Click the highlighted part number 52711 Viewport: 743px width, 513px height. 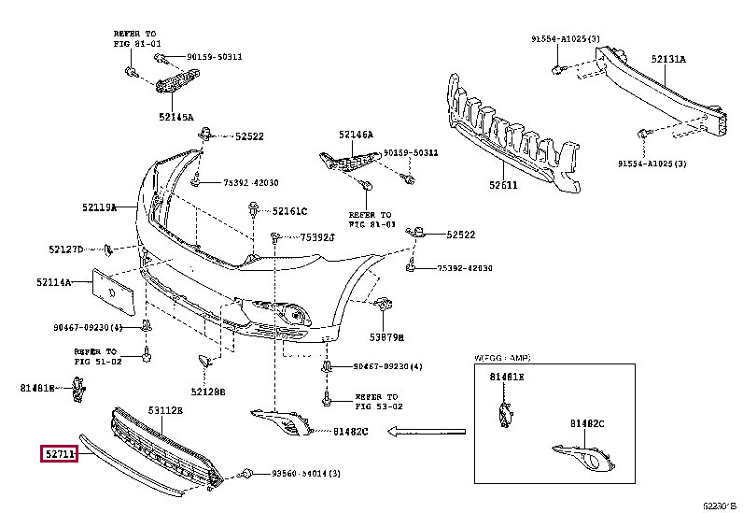tap(60, 454)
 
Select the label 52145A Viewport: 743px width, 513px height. tap(175, 118)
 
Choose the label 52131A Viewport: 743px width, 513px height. tap(667, 58)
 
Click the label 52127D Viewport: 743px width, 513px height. tap(66, 249)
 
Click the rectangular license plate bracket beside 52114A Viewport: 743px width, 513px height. tap(116, 292)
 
